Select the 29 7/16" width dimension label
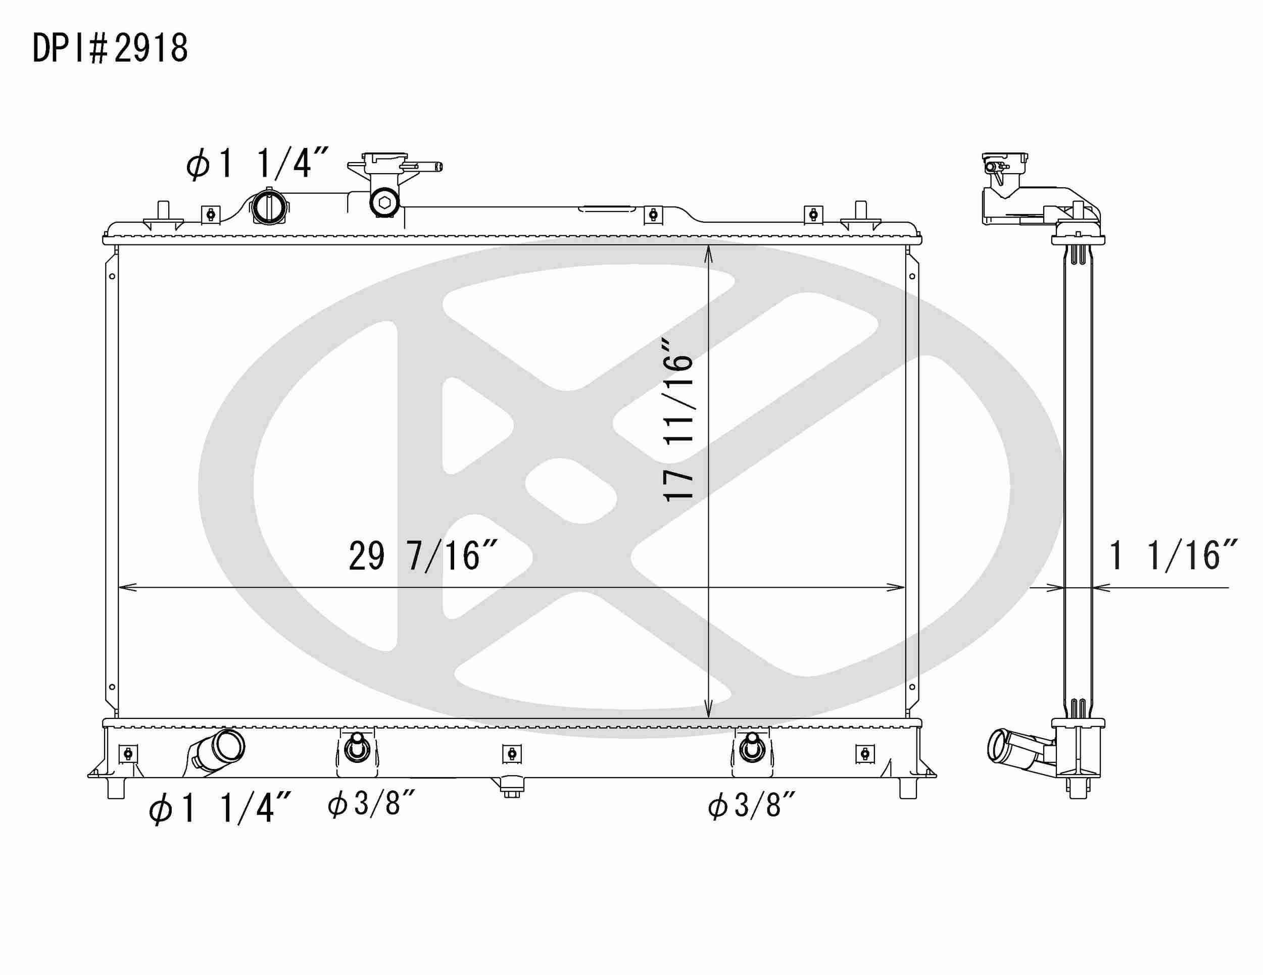[x=423, y=556]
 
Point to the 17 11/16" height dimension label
[x=678, y=420]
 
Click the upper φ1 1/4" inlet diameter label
[x=257, y=164]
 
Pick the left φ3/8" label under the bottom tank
[x=371, y=804]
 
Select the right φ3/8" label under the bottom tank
[x=751, y=805]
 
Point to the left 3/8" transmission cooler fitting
[x=357, y=748]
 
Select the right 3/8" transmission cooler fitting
[x=752, y=748]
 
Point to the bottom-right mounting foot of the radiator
[x=908, y=788]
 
